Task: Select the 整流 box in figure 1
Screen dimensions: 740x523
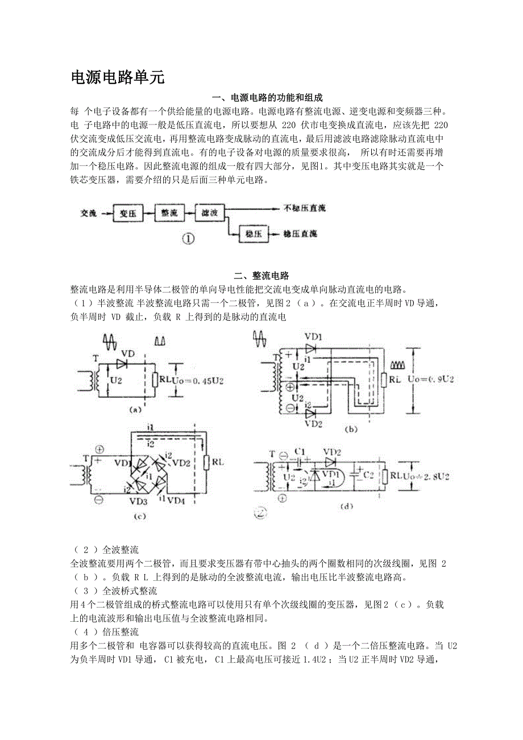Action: [x=169, y=214]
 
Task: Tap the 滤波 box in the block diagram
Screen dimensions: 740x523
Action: [x=210, y=214]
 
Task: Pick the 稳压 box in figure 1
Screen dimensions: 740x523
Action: [x=253, y=233]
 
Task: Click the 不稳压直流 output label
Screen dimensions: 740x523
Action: [x=305, y=209]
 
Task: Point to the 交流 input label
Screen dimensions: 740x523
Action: [x=88, y=214]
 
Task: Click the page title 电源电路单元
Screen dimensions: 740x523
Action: [x=118, y=78]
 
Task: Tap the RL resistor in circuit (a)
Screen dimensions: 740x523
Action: [x=155, y=380]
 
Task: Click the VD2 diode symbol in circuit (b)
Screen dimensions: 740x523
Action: [x=311, y=414]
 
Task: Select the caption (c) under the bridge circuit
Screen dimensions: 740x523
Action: [x=139, y=516]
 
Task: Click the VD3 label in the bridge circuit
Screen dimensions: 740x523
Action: [x=138, y=501]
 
